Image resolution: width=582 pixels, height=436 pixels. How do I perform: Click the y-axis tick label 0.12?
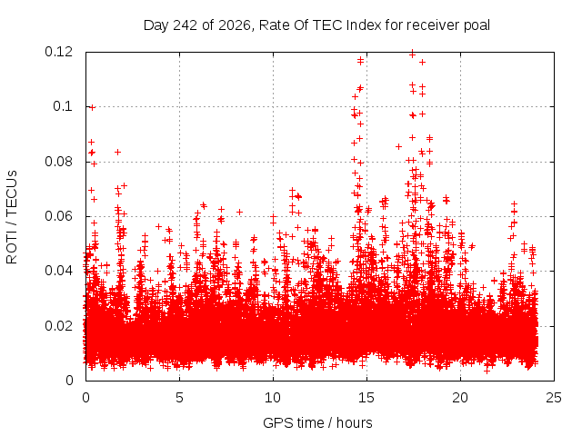58,52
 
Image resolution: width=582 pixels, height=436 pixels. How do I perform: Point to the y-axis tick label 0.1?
63,106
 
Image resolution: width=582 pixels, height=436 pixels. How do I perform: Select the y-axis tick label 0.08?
58,162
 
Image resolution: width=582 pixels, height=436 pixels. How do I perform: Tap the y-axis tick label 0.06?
58,216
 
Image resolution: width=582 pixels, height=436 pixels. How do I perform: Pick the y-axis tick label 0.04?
58,271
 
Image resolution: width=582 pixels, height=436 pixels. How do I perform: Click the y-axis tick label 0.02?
58,326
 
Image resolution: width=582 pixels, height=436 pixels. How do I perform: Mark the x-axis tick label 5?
180,398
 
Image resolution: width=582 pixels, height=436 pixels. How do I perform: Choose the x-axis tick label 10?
273,398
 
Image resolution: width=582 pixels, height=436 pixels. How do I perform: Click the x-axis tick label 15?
366,398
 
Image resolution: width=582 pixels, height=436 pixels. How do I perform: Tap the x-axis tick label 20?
460,398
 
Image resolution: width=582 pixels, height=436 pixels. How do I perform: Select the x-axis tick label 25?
554,398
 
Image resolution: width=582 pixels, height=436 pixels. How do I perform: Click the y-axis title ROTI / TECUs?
12,217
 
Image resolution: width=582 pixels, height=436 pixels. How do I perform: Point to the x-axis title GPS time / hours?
317,423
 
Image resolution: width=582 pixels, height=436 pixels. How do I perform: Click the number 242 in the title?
186,25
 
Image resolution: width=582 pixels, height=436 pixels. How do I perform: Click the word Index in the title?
364,25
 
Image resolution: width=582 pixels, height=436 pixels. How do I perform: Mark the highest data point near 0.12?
412,54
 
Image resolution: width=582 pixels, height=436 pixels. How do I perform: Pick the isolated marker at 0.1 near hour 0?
93,107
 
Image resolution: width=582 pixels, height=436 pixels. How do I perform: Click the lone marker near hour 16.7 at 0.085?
398,147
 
